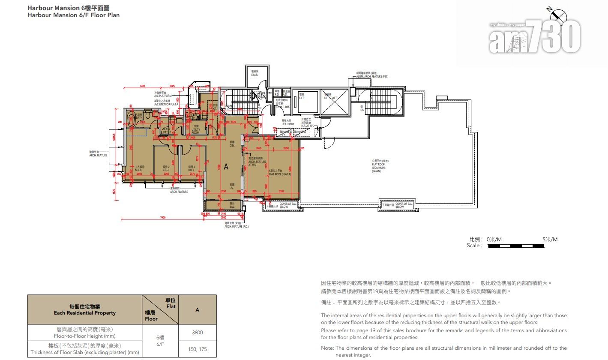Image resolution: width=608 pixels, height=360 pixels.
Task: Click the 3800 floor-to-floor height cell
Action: click(198, 333)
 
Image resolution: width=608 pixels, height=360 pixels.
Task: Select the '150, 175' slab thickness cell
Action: click(198, 349)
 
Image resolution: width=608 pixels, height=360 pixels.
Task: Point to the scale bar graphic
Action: click(522, 246)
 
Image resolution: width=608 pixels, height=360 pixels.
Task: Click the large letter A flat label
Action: click(226, 166)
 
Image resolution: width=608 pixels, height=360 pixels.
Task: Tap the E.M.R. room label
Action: click(254, 73)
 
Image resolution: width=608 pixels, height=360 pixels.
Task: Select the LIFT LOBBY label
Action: click(288, 123)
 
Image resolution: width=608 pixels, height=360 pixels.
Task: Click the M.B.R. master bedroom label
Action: click(139, 168)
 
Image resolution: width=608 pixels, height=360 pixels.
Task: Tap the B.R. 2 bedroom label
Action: click(166, 168)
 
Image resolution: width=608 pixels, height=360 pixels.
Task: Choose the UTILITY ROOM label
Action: click(195, 131)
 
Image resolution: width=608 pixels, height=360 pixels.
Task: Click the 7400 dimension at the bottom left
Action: click(163, 218)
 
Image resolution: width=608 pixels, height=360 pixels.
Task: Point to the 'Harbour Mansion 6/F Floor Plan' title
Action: click(73, 15)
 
